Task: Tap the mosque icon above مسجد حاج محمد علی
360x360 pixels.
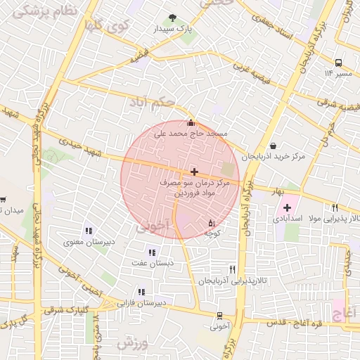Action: pyautogui.click(x=191, y=123)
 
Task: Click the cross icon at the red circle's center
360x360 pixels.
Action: pyautogui.click(x=194, y=171)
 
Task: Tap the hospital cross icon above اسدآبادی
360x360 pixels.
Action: pyautogui.click(x=287, y=207)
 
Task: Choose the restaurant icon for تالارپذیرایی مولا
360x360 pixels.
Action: pyautogui.click(x=335, y=207)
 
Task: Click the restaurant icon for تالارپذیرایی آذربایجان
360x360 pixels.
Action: pyautogui.click(x=232, y=269)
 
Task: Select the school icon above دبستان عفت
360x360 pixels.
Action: pyautogui.click(x=152, y=252)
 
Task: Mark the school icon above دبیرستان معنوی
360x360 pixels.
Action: pyautogui.click(x=89, y=231)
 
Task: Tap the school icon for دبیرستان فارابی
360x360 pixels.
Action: pyautogui.click(x=141, y=292)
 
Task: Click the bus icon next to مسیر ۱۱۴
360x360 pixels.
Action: pyautogui.click(x=338, y=62)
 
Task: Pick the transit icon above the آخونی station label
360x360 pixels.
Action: pyautogui.click(x=220, y=316)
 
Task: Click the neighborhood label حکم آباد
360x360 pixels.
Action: pyautogui.click(x=150, y=103)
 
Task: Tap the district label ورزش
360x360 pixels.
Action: pyautogui.click(x=133, y=343)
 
